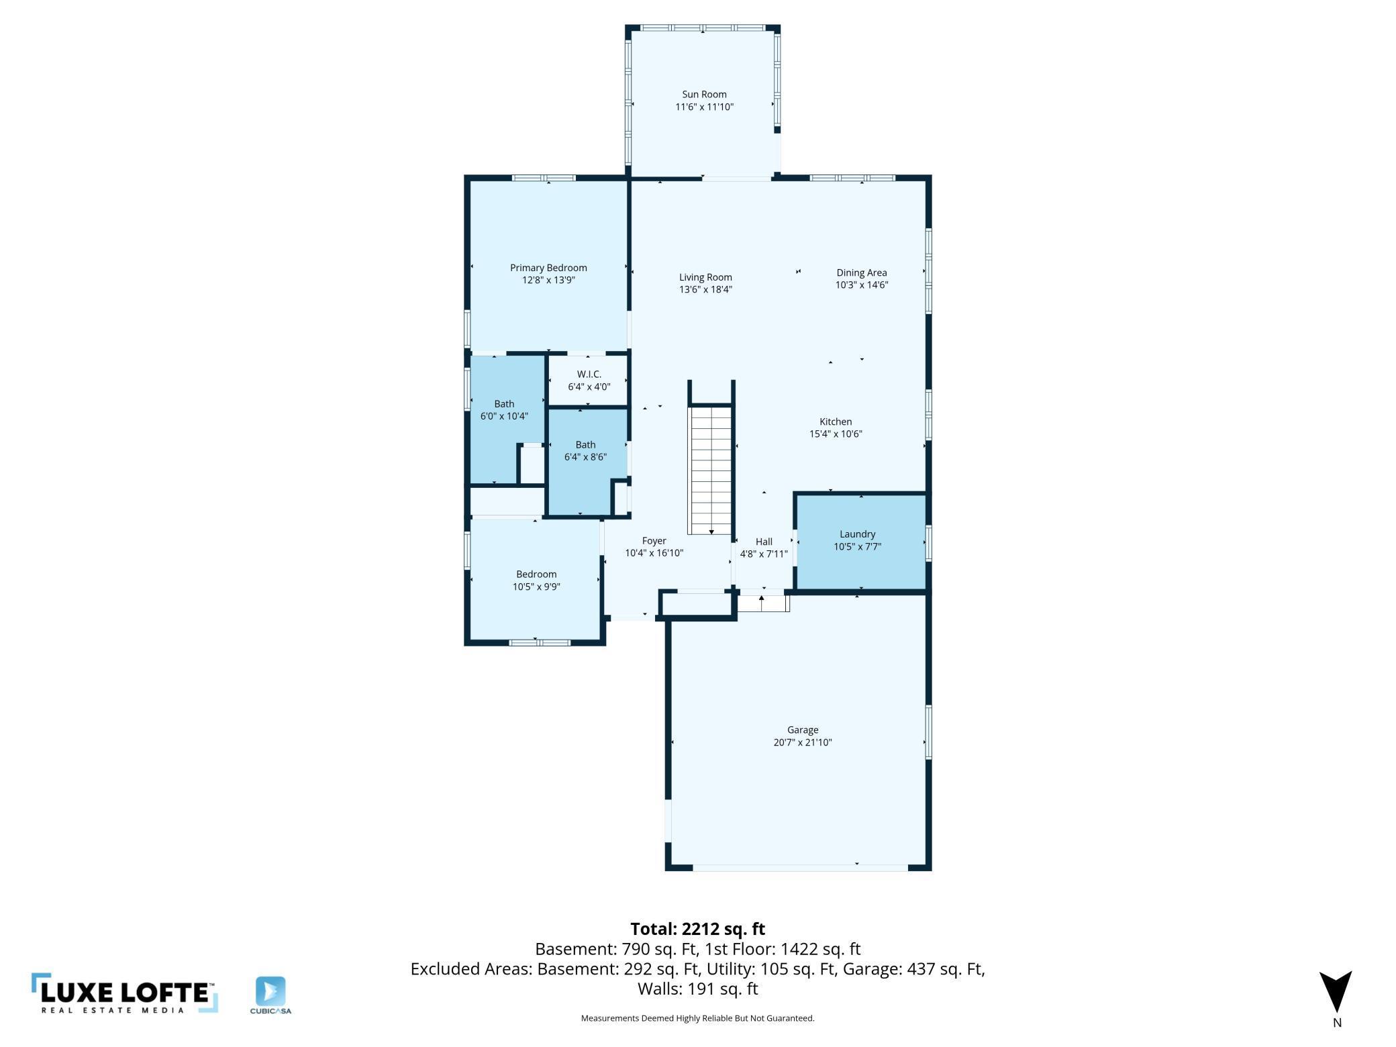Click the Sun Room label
[x=704, y=95]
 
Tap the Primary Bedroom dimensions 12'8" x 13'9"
[x=548, y=281]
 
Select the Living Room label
[x=705, y=277]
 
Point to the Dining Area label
[x=862, y=272]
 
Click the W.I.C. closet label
[x=589, y=375]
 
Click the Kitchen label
[x=836, y=421]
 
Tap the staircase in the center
[x=711, y=470]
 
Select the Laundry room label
[x=857, y=534]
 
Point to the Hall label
[x=764, y=542]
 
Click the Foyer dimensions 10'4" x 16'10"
[x=654, y=553]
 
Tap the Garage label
[x=803, y=730]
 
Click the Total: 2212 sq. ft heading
[x=697, y=929]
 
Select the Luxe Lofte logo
[x=125, y=993]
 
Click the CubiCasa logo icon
[x=270, y=991]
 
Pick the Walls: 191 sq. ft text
[x=697, y=989]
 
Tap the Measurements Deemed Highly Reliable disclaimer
[x=697, y=1018]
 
